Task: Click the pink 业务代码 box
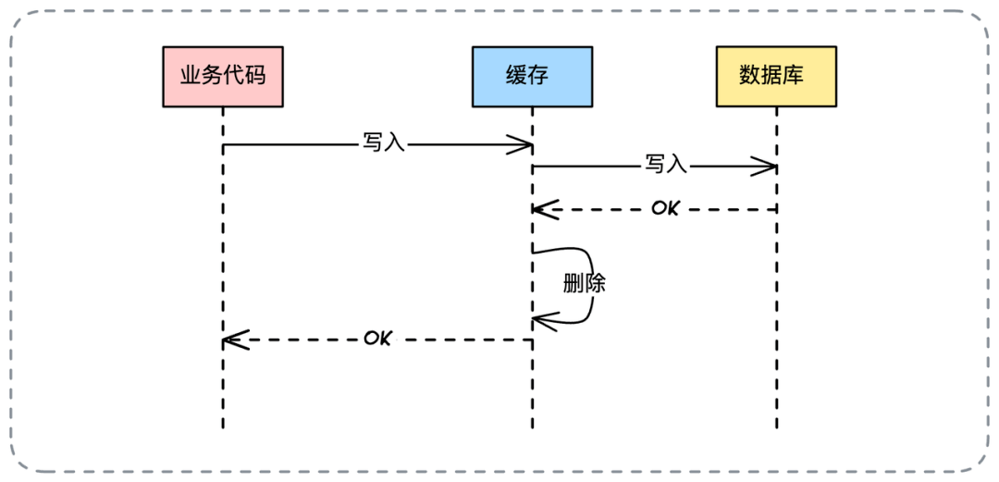pos(223,77)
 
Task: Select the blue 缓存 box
pos(532,77)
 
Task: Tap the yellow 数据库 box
pos(776,77)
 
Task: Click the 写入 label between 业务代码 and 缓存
pos(384,144)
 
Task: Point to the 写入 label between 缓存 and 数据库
pos(666,166)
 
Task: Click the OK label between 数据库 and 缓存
pos(664,208)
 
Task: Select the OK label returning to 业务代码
pos(377,339)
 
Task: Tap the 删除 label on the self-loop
pos(584,283)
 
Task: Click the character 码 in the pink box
pos(254,76)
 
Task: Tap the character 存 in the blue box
pos(543,76)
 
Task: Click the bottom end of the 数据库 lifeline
pos(776,427)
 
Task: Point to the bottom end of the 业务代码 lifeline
pos(223,427)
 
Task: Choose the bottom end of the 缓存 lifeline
pos(532,427)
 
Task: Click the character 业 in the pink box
pos(191,76)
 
